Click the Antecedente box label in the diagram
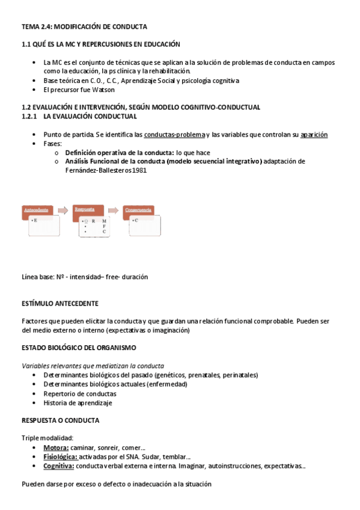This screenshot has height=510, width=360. [x=36, y=210]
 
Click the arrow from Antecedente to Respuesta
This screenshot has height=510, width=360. [x=63, y=210]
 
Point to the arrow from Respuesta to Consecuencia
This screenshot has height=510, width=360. [x=113, y=210]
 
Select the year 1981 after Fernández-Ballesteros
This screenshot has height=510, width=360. [x=138, y=170]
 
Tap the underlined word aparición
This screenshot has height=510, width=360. [x=314, y=134]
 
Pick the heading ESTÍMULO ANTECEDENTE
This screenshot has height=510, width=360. [x=60, y=303]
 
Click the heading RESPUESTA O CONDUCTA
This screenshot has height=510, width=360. [x=60, y=420]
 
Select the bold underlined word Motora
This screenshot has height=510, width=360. [x=56, y=447]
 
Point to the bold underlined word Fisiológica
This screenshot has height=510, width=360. [x=60, y=456]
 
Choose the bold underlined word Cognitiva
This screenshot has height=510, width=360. [x=59, y=465]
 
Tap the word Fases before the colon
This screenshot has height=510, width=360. [x=52, y=144]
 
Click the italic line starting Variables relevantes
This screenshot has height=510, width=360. [x=93, y=366]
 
